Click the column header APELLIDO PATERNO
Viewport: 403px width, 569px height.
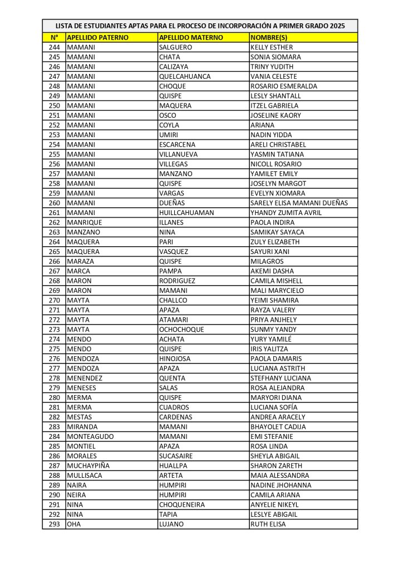pos(97,37)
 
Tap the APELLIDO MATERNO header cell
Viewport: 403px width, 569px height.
pos(191,37)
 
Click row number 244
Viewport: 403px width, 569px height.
pos(54,47)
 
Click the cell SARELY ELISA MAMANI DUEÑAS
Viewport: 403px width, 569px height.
pos(299,203)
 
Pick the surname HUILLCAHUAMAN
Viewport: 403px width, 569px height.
pos(186,212)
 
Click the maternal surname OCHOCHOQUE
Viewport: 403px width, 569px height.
pos(181,330)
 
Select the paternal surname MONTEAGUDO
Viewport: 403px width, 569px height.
pos(90,436)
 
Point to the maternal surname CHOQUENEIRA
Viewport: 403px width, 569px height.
pos(182,505)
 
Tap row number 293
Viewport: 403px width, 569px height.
pos(54,524)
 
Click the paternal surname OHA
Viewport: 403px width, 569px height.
pos(74,524)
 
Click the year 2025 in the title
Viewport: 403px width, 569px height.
pos(337,26)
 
